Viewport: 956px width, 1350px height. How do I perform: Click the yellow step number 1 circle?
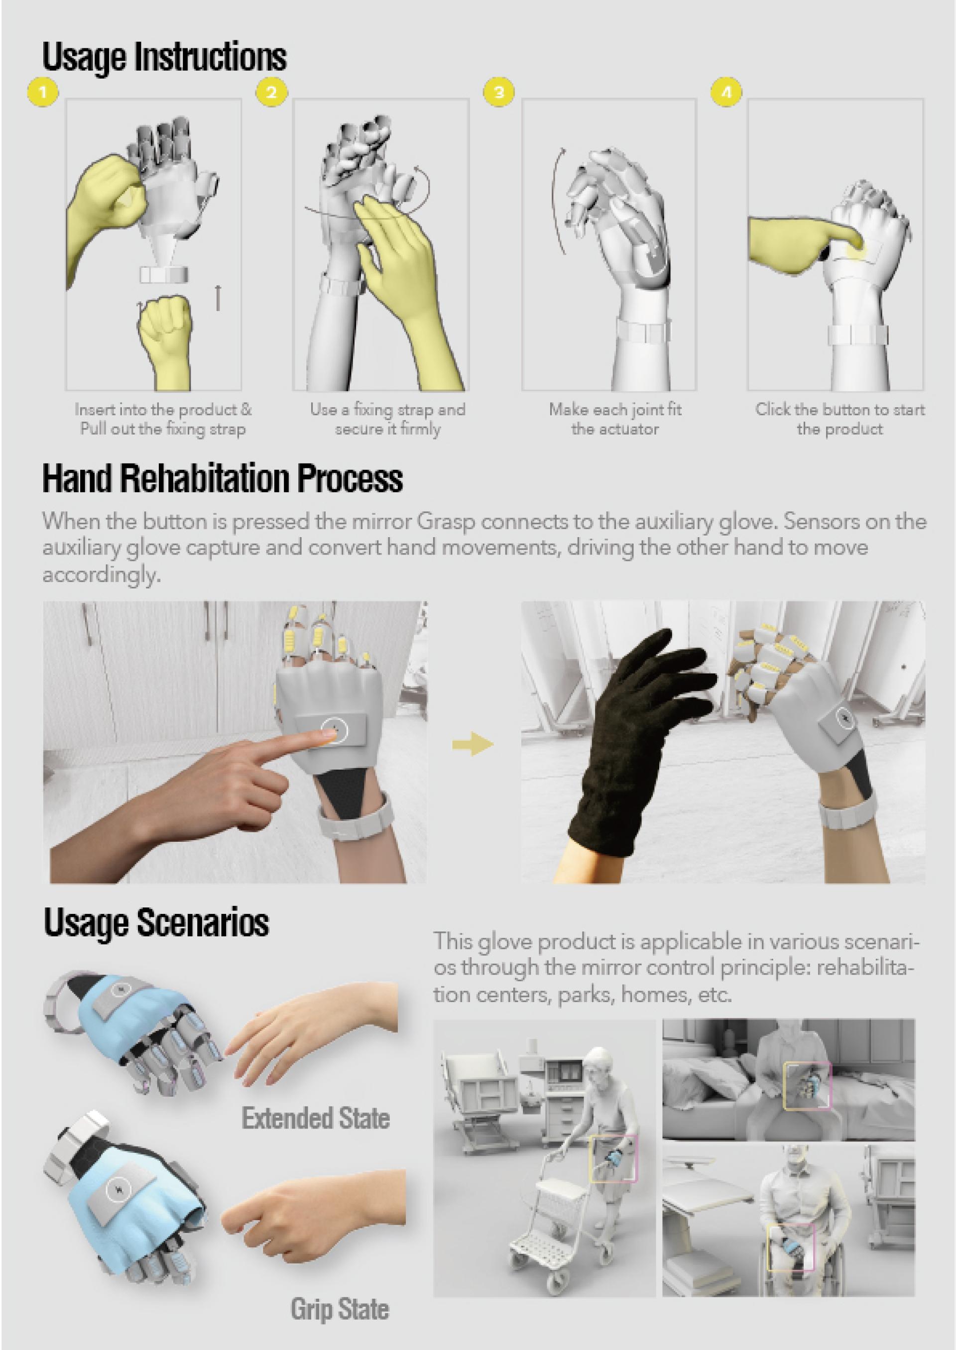(x=42, y=93)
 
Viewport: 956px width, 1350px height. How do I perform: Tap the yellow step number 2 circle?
(x=271, y=93)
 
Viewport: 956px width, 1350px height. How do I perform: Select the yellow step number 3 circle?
(x=498, y=93)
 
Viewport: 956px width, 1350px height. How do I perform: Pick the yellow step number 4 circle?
(x=726, y=93)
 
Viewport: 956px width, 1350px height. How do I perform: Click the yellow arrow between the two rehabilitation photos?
(x=472, y=745)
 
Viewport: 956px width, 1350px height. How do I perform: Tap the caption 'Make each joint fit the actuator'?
(x=614, y=419)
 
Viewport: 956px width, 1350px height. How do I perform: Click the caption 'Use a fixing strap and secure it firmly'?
(x=388, y=419)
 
